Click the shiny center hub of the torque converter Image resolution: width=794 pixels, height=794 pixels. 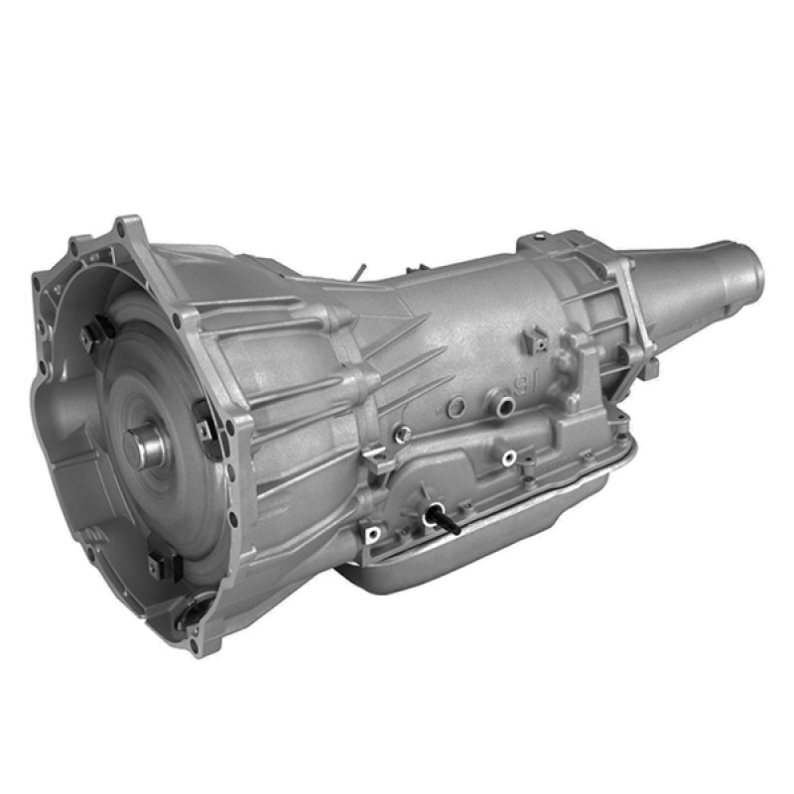pos(150,446)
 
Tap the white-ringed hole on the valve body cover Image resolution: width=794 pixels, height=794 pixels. pos(509,458)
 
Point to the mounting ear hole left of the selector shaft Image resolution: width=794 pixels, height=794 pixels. pos(373,534)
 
